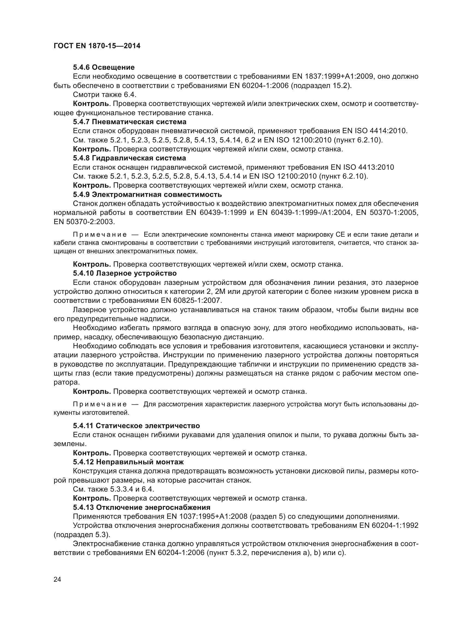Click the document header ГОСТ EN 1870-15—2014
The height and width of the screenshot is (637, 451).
(x=97, y=46)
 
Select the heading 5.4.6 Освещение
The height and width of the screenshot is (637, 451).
(x=104, y=68)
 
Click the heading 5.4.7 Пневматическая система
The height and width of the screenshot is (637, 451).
(x=130, y=122)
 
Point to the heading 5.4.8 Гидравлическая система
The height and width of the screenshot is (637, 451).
(x=130, y=158)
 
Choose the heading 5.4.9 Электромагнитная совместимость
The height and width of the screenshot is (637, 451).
(x=147, y=194)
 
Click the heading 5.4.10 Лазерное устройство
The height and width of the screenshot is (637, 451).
(x=125, y=273)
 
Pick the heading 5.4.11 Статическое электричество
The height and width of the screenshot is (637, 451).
(x=136, y=426)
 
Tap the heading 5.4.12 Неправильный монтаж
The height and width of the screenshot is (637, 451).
(x=128, y=462)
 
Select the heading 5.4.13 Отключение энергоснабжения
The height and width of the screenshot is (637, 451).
(x=142, y=507)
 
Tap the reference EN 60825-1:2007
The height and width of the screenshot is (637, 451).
(x=191, y=300)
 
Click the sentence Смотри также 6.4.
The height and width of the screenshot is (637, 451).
(x=104, y=95)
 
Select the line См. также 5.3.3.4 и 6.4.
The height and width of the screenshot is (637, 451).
(x=113, y=489)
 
